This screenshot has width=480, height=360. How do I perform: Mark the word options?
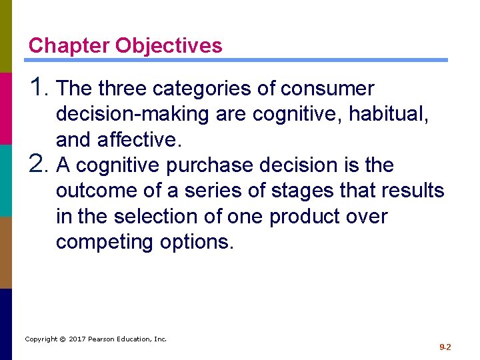coord(197,242)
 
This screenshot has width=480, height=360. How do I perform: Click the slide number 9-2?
coord(445,347)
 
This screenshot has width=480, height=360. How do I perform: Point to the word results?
coord(413,191)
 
